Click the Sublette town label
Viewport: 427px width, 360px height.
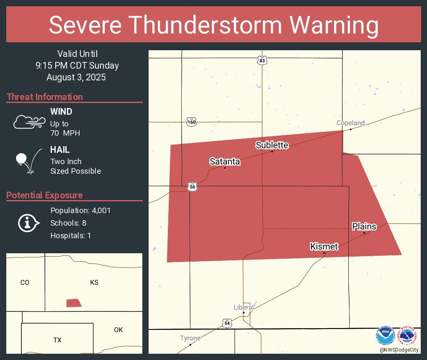(272, 145)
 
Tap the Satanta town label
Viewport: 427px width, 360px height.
(225, 162)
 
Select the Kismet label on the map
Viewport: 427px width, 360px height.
(324, 247)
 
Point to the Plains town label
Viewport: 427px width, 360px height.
(364, 226)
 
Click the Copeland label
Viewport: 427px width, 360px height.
(351, 123)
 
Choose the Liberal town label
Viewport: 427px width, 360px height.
(244, 307)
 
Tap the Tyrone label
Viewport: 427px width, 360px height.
(190, 338)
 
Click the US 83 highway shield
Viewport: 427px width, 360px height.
(262, 60)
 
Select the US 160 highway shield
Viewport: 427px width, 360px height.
(191, 122)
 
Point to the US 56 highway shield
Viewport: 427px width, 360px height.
(192, 187)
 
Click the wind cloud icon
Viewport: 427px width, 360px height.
(29, 122)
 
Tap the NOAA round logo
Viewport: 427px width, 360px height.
(385, 336)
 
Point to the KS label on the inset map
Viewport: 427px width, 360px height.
(94, 283)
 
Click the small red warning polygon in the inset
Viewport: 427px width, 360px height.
(74, 303)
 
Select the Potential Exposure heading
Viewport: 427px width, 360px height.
(44, 195)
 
